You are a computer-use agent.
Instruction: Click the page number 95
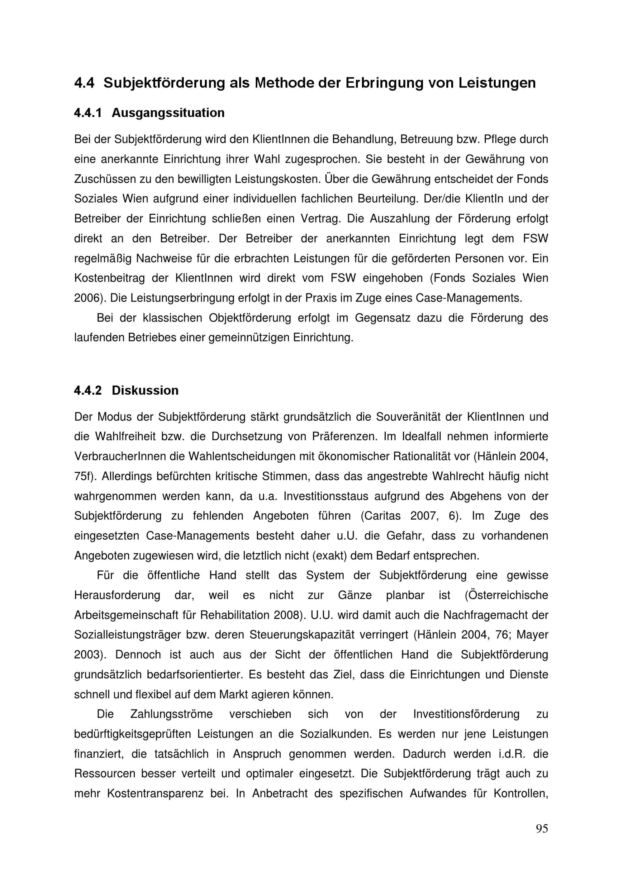pyautogui.click(x=542, y=829)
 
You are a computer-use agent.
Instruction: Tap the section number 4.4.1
pyautogui.click(x=88, y=113)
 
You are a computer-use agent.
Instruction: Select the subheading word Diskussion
pyautogui.click(x=145, y=390)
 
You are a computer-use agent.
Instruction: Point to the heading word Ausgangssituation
pyautogui.click(x=168, y=113)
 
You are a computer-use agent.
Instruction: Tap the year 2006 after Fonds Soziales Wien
pyautogui.click(x=86, y=298)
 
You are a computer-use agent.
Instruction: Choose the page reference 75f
pyautogui.click(x=85, y=476)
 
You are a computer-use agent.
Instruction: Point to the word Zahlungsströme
pyautogui.click(x=171, y=714)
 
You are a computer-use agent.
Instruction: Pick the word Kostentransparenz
pyautogui.click(x=155, y=793)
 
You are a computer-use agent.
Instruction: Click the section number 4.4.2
pyautogui.click(x=88, y=390)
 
